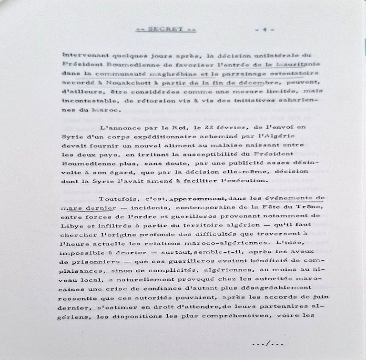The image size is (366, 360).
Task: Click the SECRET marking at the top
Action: (x=159, y=29)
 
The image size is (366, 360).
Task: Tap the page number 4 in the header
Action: (x=264, y=29)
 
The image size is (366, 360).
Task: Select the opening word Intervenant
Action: (x=82, y=54)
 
